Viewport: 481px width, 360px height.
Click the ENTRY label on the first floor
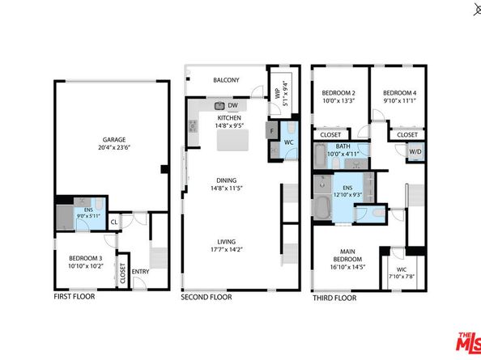pos(141,272)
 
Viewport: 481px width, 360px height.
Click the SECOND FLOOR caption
pos(206,297)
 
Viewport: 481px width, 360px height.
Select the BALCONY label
pos(225,81)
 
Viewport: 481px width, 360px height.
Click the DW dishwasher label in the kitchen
pos(232,106)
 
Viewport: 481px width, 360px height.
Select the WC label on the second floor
pos(288,143)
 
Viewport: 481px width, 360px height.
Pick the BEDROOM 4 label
pos(399,93)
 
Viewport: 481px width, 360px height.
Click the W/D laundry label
pos(415,150)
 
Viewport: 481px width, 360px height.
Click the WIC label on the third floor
pos(401,271)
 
